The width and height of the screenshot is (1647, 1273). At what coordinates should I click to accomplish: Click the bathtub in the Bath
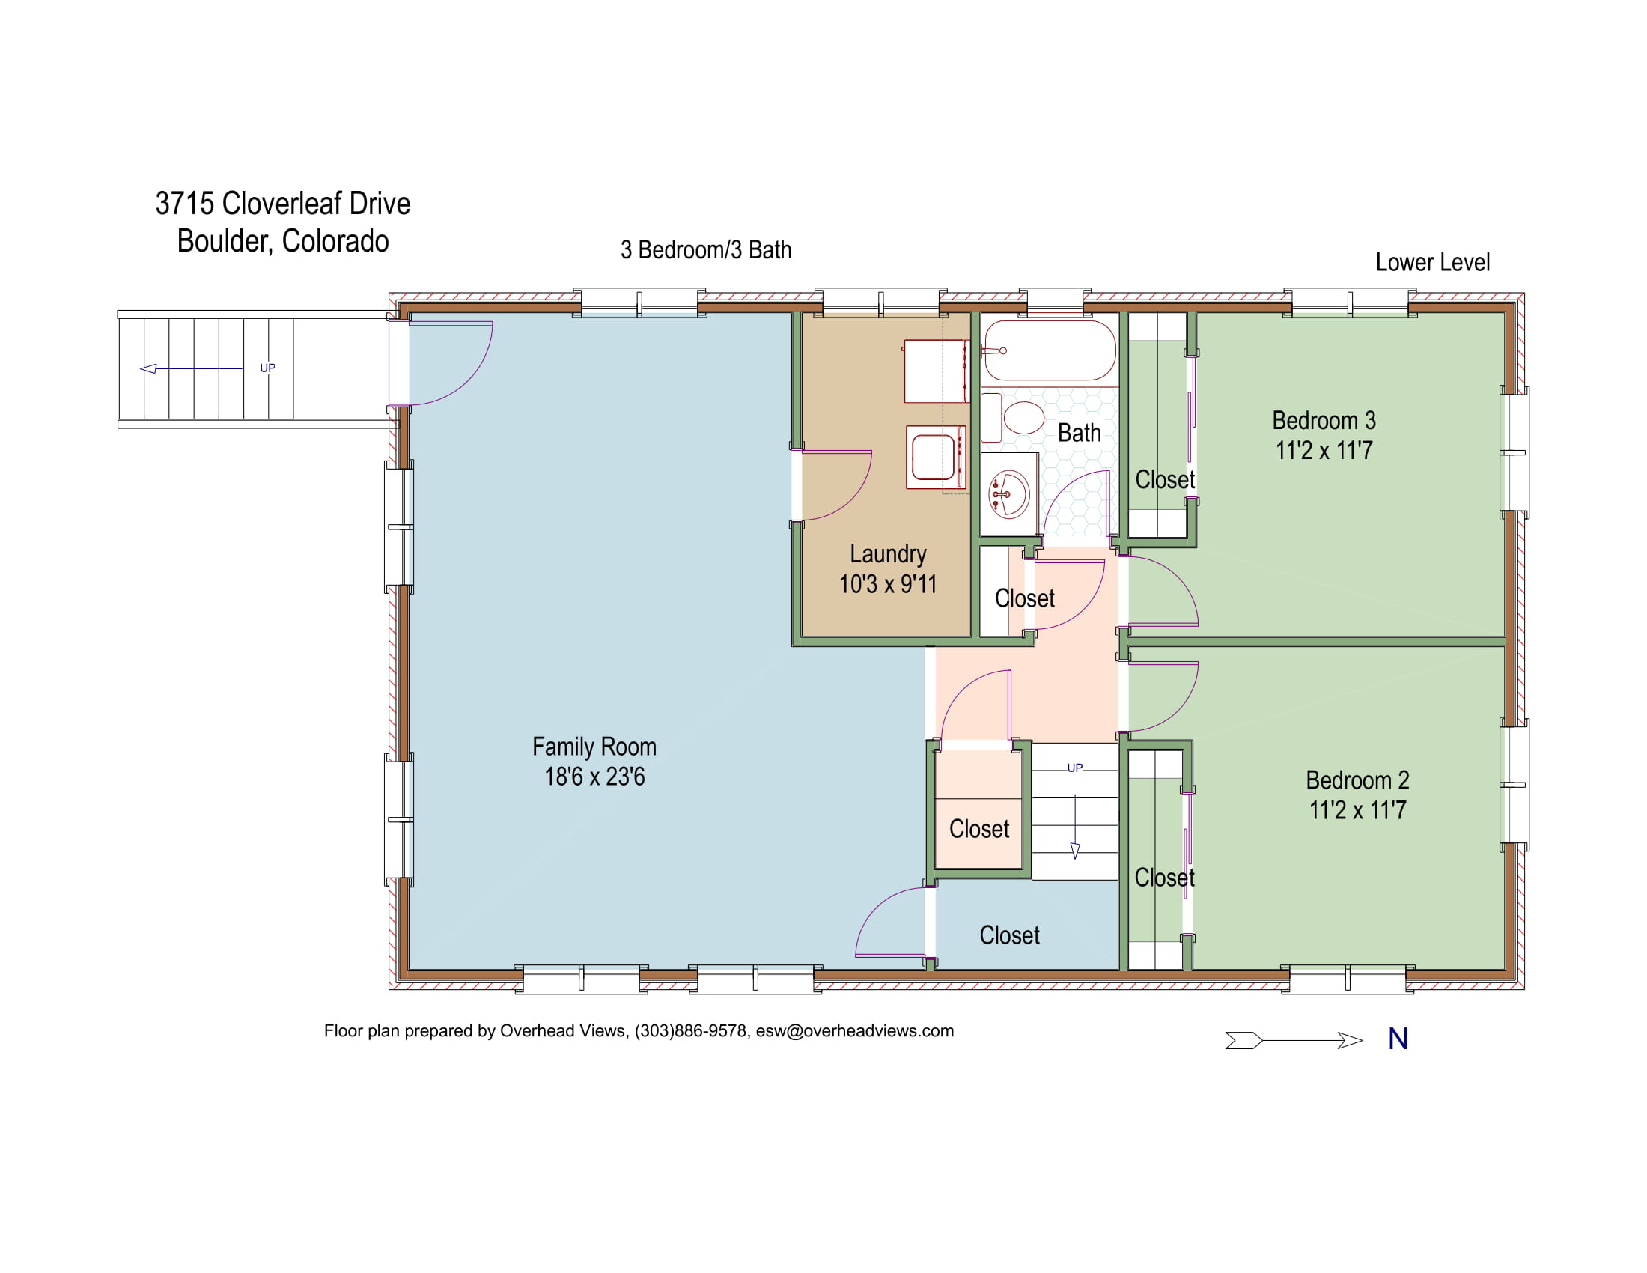tap(1049, 350)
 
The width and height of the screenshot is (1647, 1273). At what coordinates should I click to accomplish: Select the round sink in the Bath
tap(1008, 494)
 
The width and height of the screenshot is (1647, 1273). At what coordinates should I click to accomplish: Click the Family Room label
tap(594, 747)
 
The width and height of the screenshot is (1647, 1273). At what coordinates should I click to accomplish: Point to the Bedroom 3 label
tap(1324, 420)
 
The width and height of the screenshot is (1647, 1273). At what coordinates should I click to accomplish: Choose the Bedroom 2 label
tap(1357, 780)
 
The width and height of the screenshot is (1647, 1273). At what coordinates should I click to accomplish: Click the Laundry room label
tap(888, 554)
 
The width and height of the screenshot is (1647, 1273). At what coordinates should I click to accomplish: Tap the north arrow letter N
tap(1398, 1039)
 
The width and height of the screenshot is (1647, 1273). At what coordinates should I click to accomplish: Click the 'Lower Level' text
tap(1432, 262)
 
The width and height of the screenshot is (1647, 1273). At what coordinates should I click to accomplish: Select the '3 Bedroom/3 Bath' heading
tap(706, 249)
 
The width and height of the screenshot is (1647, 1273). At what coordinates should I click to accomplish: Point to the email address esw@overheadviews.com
tap(854, 1031)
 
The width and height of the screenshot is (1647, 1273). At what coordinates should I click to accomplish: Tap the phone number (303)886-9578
tap(690, 1031)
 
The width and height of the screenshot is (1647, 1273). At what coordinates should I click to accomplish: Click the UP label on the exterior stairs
tap(268, 368)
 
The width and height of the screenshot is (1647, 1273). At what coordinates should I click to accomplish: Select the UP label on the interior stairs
tap(1074, 768)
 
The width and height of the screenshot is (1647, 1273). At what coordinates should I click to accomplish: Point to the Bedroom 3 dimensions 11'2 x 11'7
tap(1324, 450)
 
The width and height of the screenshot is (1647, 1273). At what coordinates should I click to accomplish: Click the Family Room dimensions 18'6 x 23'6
tap(594, 777)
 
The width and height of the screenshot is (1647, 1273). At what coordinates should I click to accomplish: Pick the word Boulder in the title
tap(225, 241)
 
